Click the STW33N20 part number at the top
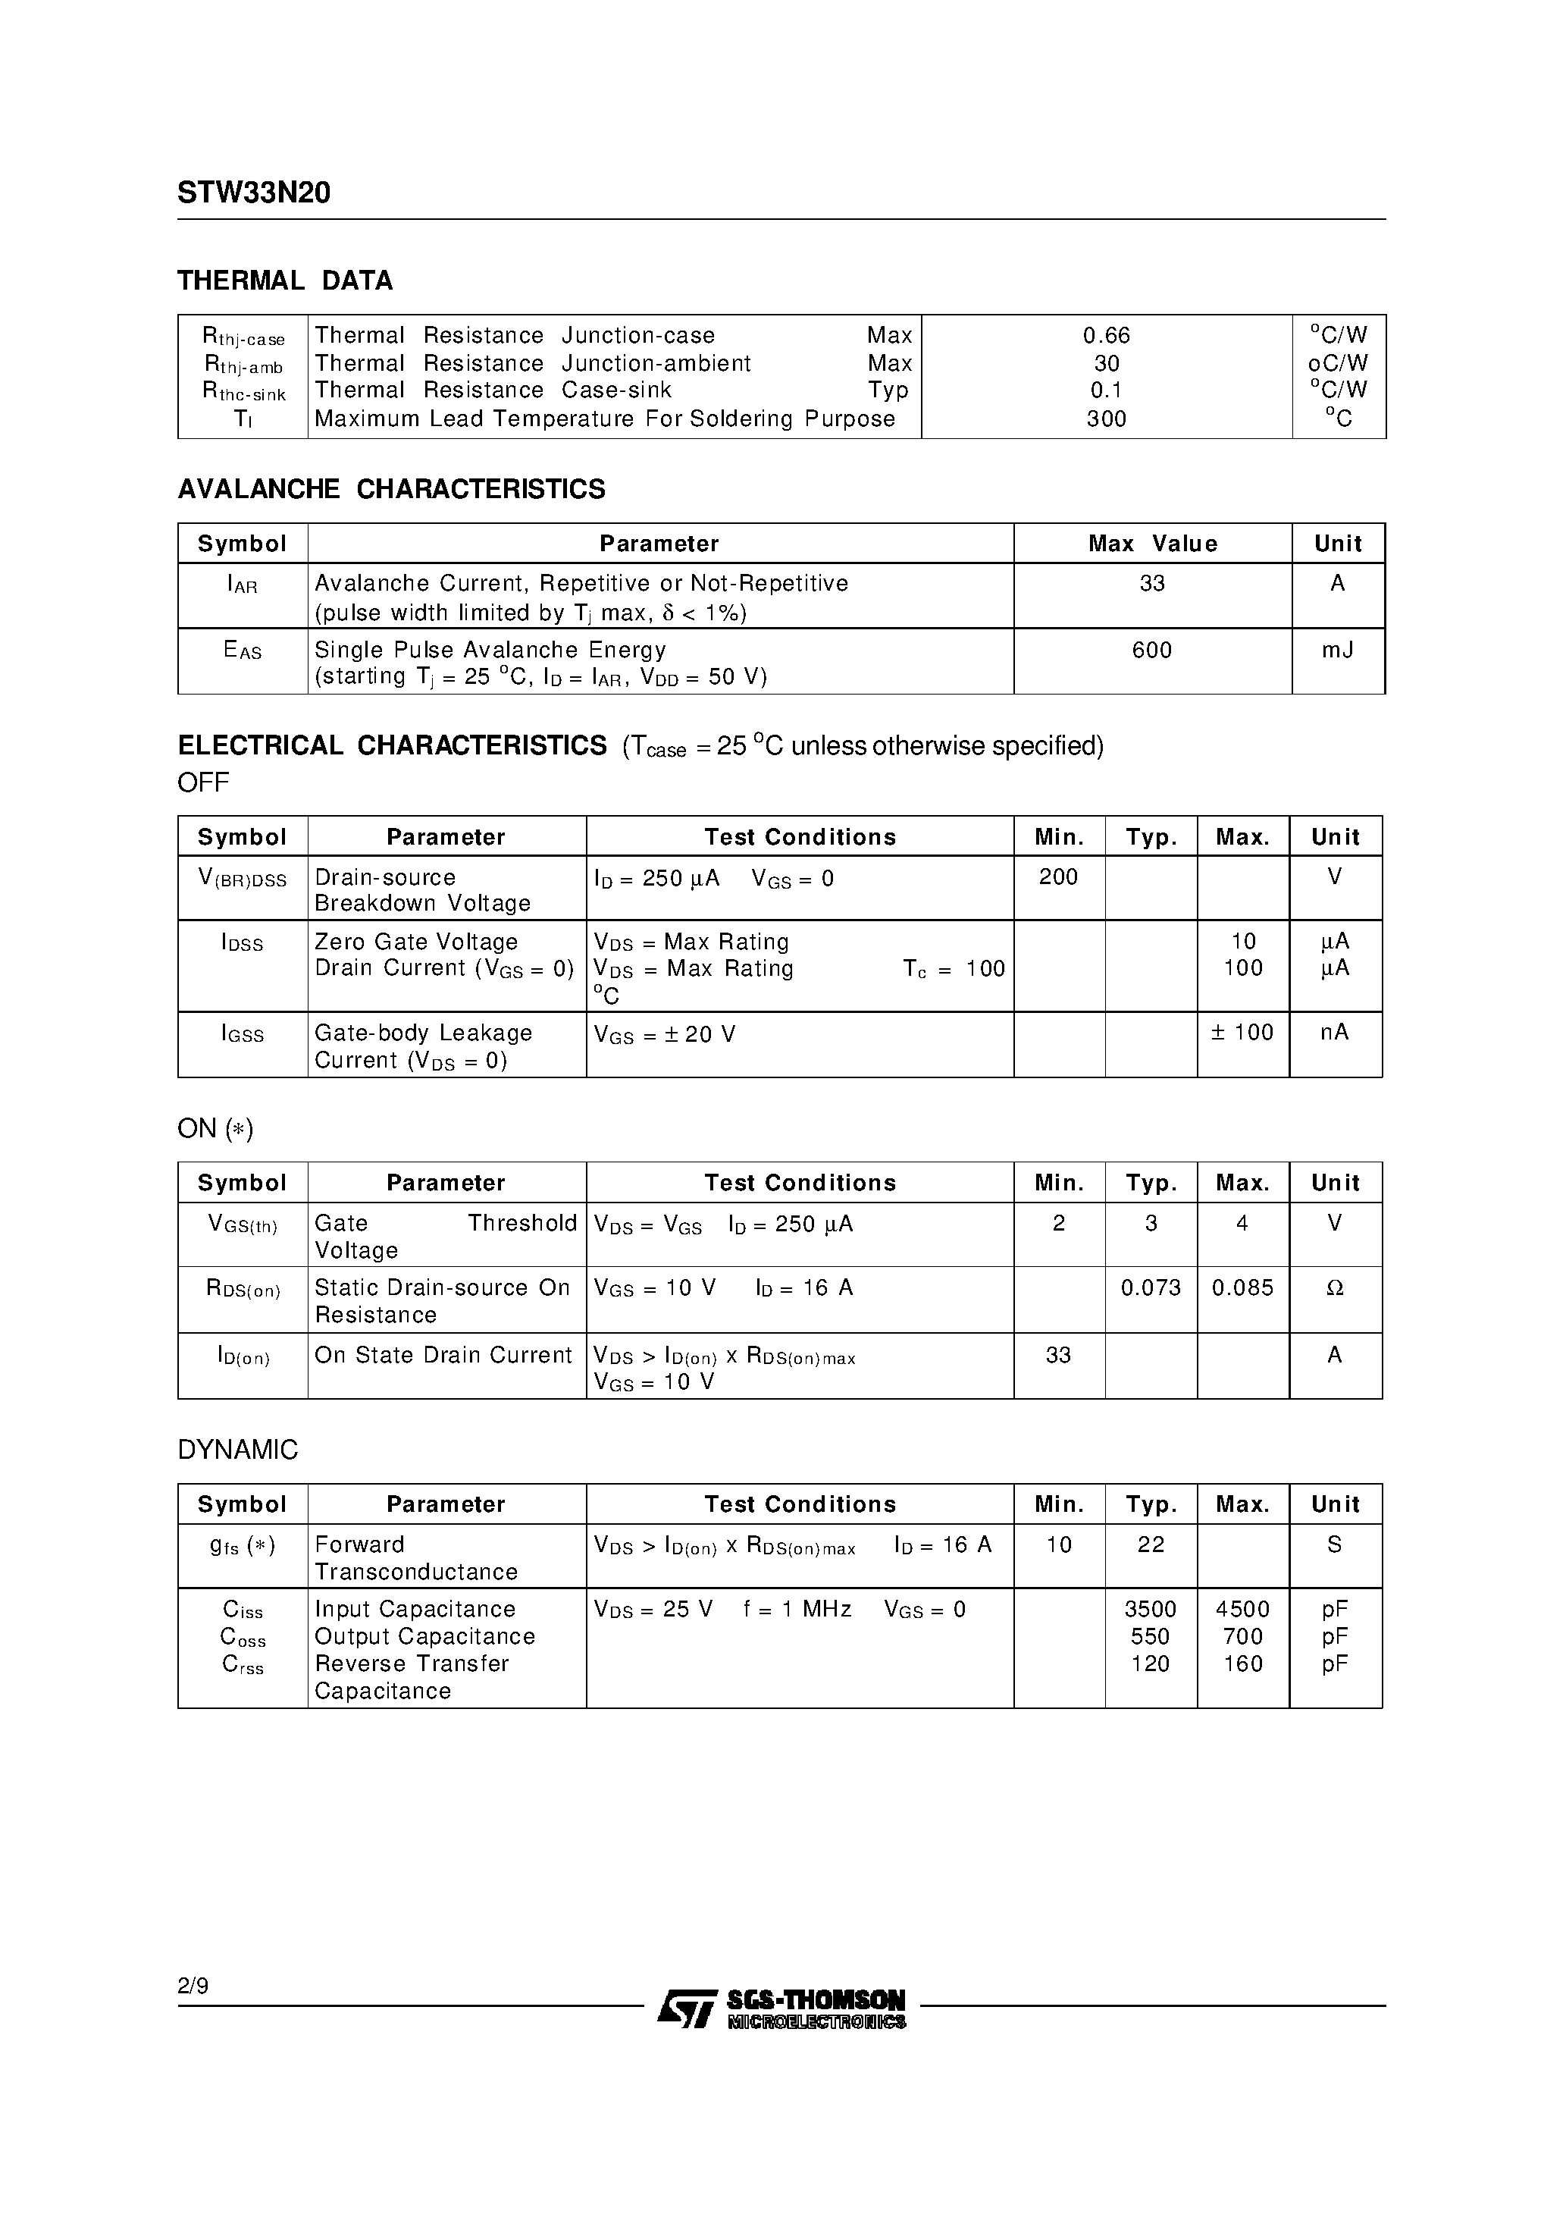click(254, 194)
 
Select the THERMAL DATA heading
click(285, 281)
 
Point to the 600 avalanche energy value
click(1152, 650)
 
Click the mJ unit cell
click(1337, 650)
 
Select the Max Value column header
click(1152, 544)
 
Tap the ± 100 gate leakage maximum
click(1242, 1032)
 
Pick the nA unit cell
click(1334, 1032)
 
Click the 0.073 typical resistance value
click(1151, 1288)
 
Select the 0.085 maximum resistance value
click(1242, 1288)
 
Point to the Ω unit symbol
click(1334, 1288)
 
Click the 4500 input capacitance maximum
click(1242, 1610)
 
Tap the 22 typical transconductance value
click(1151, 1545)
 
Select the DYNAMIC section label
click(237, 1450)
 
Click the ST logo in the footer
click(687, 2008)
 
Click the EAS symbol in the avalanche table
click(243, 651)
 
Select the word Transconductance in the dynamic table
click(416, 1572)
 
